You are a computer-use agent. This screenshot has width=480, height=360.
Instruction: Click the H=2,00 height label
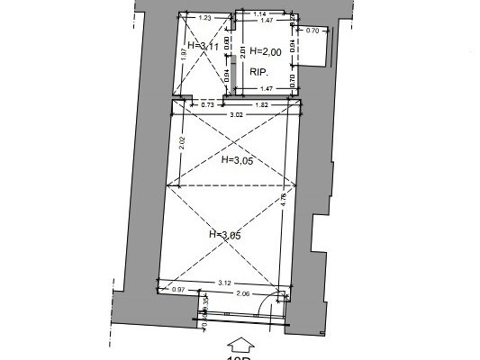[267, 51]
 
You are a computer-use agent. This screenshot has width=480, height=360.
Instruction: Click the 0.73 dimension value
[206, 105]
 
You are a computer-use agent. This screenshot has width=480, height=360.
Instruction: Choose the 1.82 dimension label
[261, 105]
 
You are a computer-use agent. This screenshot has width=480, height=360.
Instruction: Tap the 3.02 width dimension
[236, 116]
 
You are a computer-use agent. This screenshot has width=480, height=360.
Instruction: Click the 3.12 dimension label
[222, 282]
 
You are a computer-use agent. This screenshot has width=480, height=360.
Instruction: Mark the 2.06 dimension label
[240, 294]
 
